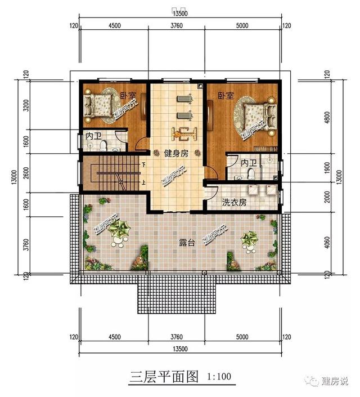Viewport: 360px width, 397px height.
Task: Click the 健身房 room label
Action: click(175, 153)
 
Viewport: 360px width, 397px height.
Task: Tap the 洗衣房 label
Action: click(234, 202)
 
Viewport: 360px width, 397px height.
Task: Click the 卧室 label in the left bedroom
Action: click(127, 96)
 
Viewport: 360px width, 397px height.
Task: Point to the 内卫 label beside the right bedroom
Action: click(248, 163)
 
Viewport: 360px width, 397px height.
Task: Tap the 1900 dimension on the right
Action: click(329, 171)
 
